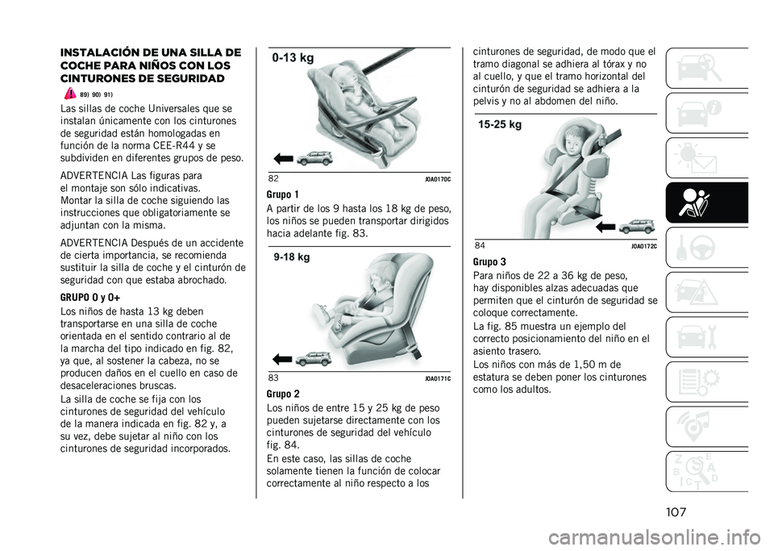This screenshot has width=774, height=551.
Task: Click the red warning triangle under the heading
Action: pyautogui.click(x=69, y=93)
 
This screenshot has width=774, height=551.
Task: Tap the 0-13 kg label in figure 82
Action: pyautogui.click(x=293, y=58)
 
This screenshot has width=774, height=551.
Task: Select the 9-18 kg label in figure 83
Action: pyautogui.click(x=292, y=257)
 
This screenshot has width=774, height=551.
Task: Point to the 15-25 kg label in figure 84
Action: pyautogui.click(x=500, y=124)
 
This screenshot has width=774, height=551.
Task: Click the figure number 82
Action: pyautogui.click(x=273, y=178)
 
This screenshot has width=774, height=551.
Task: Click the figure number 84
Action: pyautogui.click(x=480, y=245)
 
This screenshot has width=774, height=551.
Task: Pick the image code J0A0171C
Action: pyautogui.click(x=438, y=378)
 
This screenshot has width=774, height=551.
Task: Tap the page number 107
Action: pyautogui.click(x=676, y=512)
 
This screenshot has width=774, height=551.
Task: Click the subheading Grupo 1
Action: pyautogui.click(x=282, y=194)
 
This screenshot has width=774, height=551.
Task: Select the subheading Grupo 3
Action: pyautogui.click(x=489, y=262)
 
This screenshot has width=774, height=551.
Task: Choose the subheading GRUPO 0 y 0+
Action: pyautogui.click(x=90, y=298)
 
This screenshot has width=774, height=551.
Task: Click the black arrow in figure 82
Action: pyautogui.click(x=283, y=159)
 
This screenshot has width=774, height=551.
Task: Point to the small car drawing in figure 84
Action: pyautogui.click(x=637, y=226)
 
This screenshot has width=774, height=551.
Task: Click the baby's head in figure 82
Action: pyautogui.click(x=343, y=78)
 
